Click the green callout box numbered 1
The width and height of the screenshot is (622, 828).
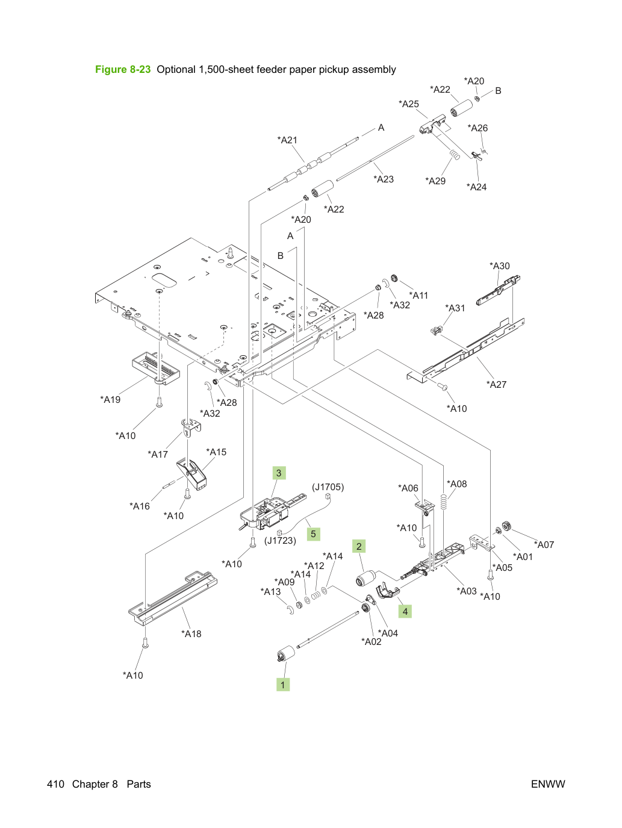click(x=283, y=685)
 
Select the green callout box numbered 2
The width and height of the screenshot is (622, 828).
click(x=359, y=546)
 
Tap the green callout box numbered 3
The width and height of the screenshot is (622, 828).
click(x=279, y=473)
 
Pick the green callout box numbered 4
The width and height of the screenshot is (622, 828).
click(x=405, y=611)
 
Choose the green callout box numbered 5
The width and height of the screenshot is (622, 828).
click(x=313, y=534)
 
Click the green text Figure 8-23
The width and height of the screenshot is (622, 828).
click(x=123, y=69)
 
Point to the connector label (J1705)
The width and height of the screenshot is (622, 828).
click(x=328, y=487)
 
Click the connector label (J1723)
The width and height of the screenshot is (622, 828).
click(x=280, y=541)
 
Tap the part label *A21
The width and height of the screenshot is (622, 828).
click(x=287, y=140)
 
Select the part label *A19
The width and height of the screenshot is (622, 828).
click(x=110, y=399)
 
